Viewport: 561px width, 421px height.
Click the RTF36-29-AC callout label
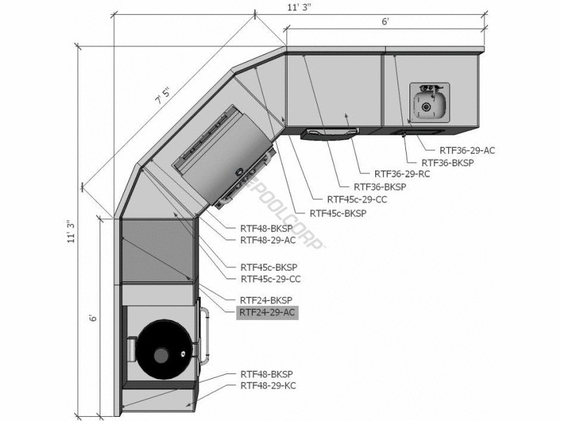point(467,150)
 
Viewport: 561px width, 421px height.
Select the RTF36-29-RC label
point(402,174)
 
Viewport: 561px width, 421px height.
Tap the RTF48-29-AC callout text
point(268,240)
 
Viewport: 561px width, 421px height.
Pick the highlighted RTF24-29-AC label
point(267,312)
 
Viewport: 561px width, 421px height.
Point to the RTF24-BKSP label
point(266,300)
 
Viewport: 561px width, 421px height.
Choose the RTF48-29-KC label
point(268,386)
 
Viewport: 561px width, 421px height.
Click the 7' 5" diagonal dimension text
point(163,97)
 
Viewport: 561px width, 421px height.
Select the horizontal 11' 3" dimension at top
point(299,8)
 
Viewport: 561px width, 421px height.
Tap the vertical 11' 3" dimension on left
point(72,232)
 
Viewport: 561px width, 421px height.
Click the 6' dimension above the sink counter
point(385,22)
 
